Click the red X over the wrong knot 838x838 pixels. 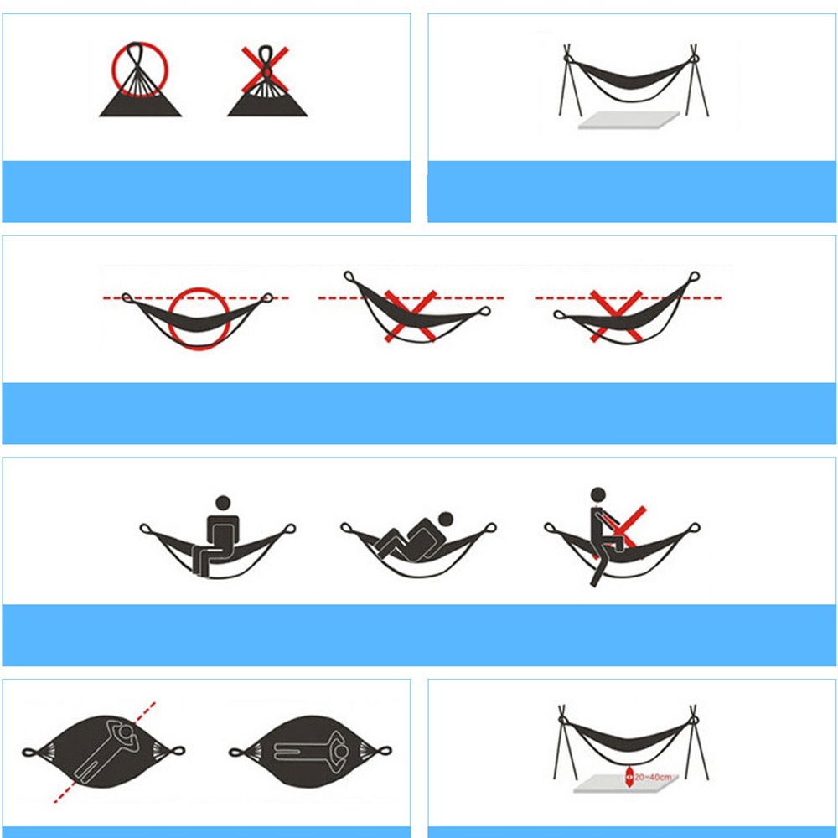pyautogui.click(x=265, y=70)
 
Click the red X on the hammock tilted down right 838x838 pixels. pyautogui.click(x=411, y=316)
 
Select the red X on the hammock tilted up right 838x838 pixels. pyautogui.click(x=616, y=316)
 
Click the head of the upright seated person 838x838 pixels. pyautogui.click(x=223, y=503)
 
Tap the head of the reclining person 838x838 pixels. pyautogui.click(x=445, y=519)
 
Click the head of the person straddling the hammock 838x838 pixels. pyautogui.click(x=598, y=495)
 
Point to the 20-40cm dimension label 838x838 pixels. pyautogui.click(x=653, y=777)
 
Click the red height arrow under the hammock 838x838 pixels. pyautogui.click(x=629, y=777)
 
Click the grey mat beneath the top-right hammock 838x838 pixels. pyautogui.click(x=629, y=120)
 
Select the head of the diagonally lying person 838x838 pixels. pyautogui.click(x=127, y=731)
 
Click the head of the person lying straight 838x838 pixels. pyautogui.click(x=341, y=752)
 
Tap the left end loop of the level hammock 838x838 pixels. pyautogui.click(x=127, y=297)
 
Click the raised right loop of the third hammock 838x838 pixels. pyautogui.click(x=694, y=277)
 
